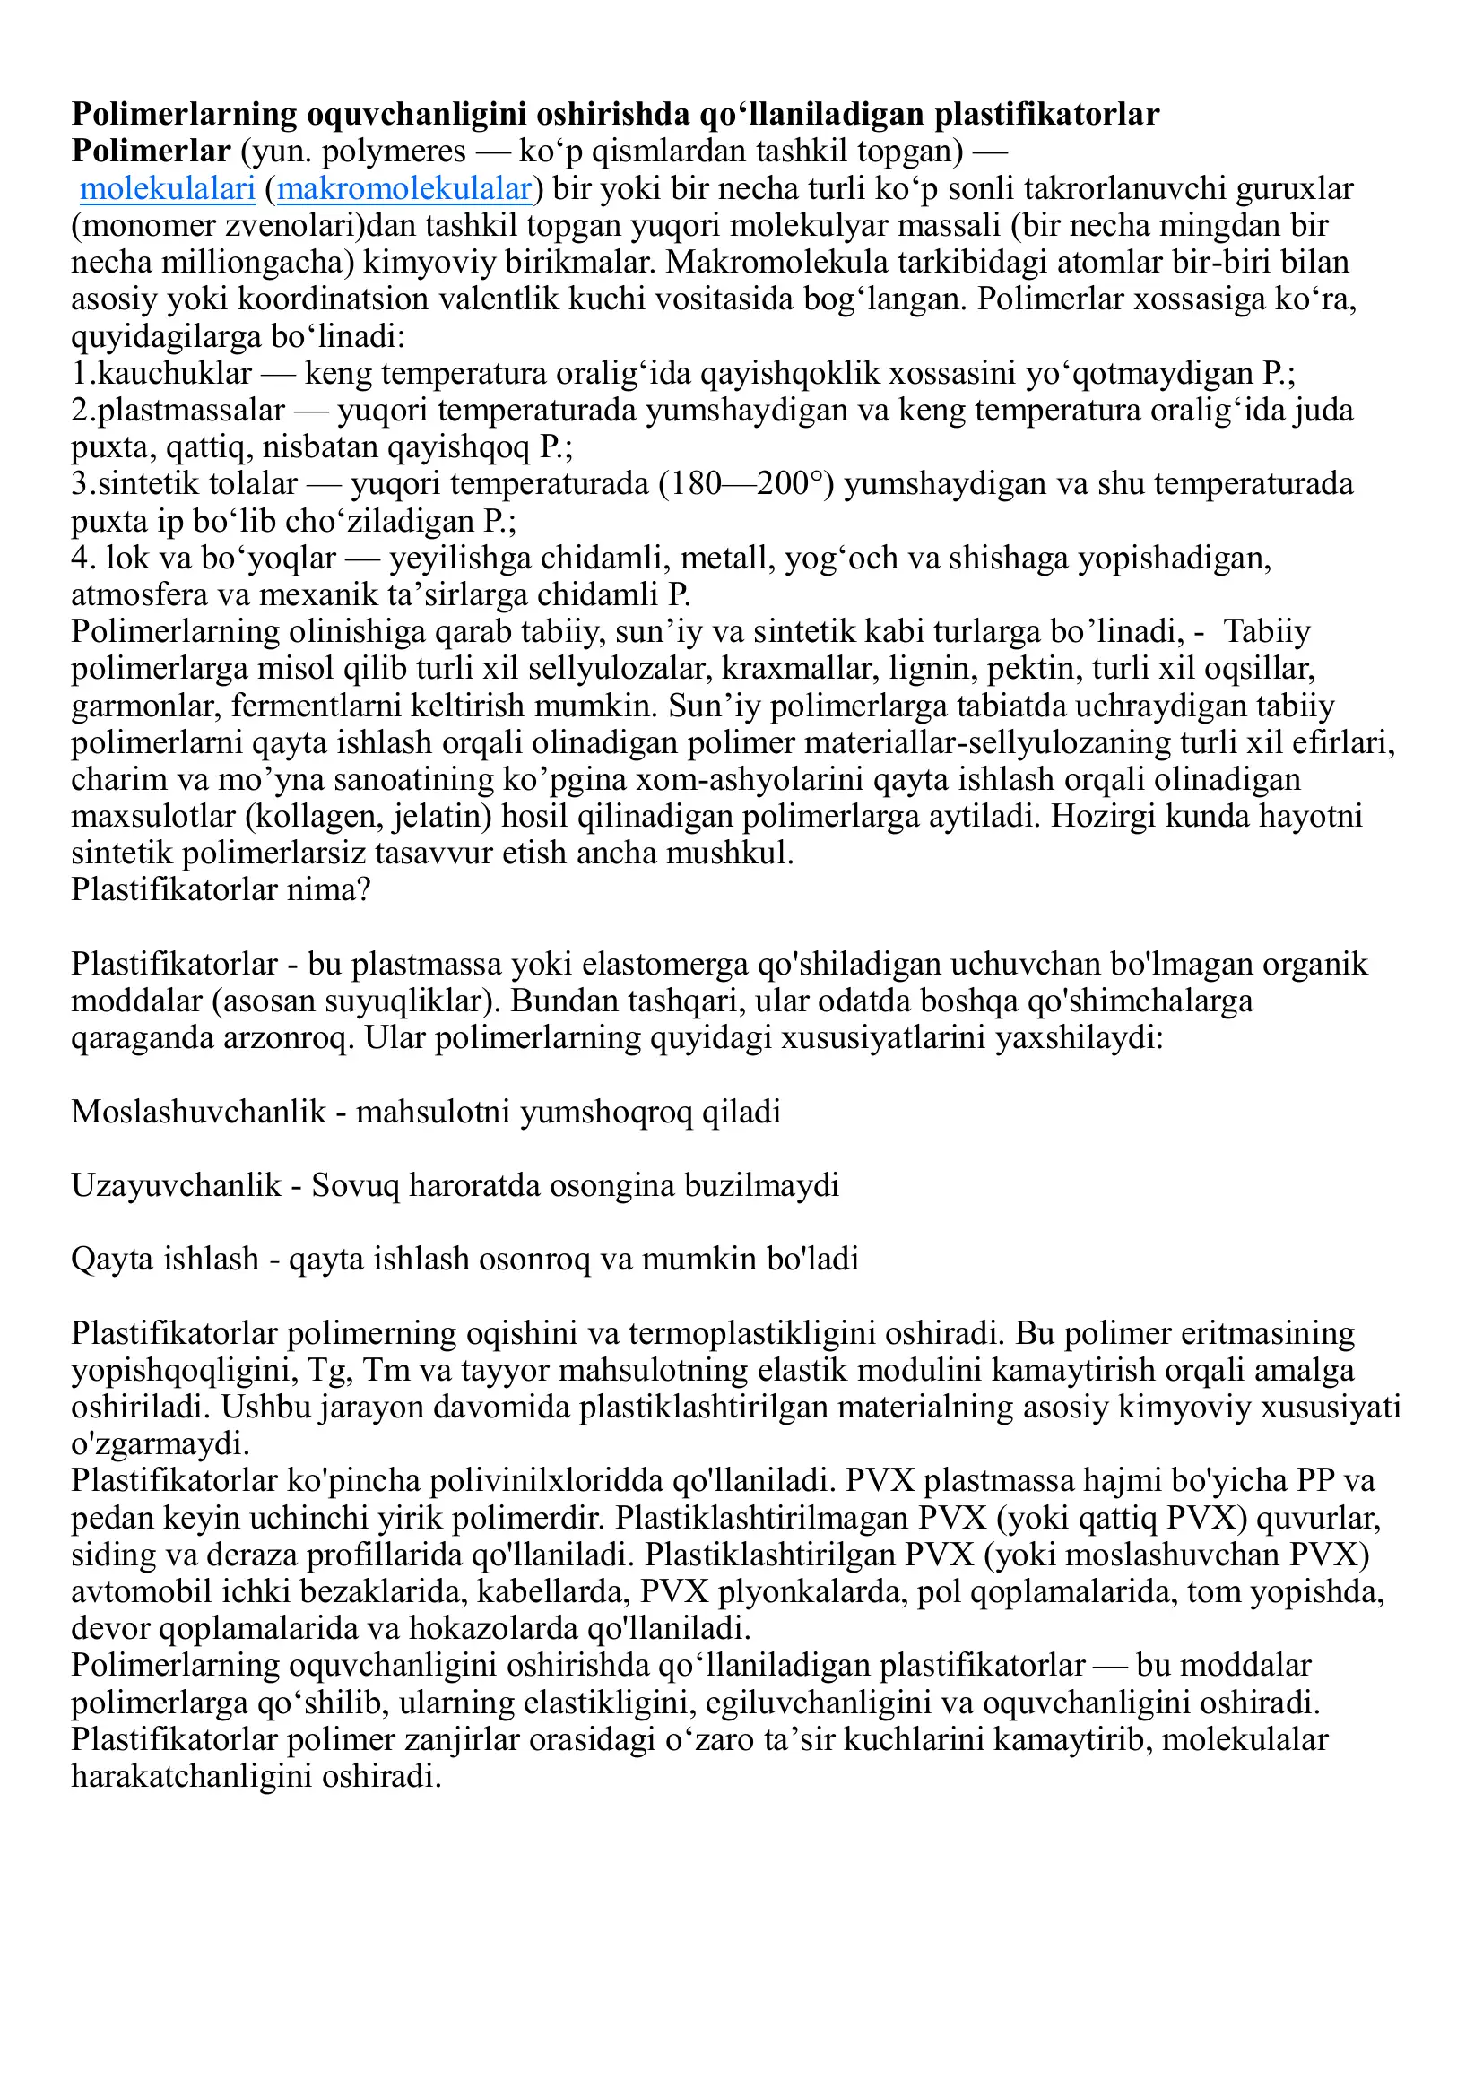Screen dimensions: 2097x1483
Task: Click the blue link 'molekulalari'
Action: tap(167, 189)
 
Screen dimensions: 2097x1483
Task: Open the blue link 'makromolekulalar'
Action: tap(403, 189)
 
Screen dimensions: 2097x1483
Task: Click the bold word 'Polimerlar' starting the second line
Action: tap(151, 152)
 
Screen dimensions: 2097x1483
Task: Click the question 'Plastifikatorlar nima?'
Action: tap(221, 889)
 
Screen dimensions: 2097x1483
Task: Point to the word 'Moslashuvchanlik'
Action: tap(198, 1113)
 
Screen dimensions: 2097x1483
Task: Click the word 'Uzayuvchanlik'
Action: tap(177, 1185)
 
